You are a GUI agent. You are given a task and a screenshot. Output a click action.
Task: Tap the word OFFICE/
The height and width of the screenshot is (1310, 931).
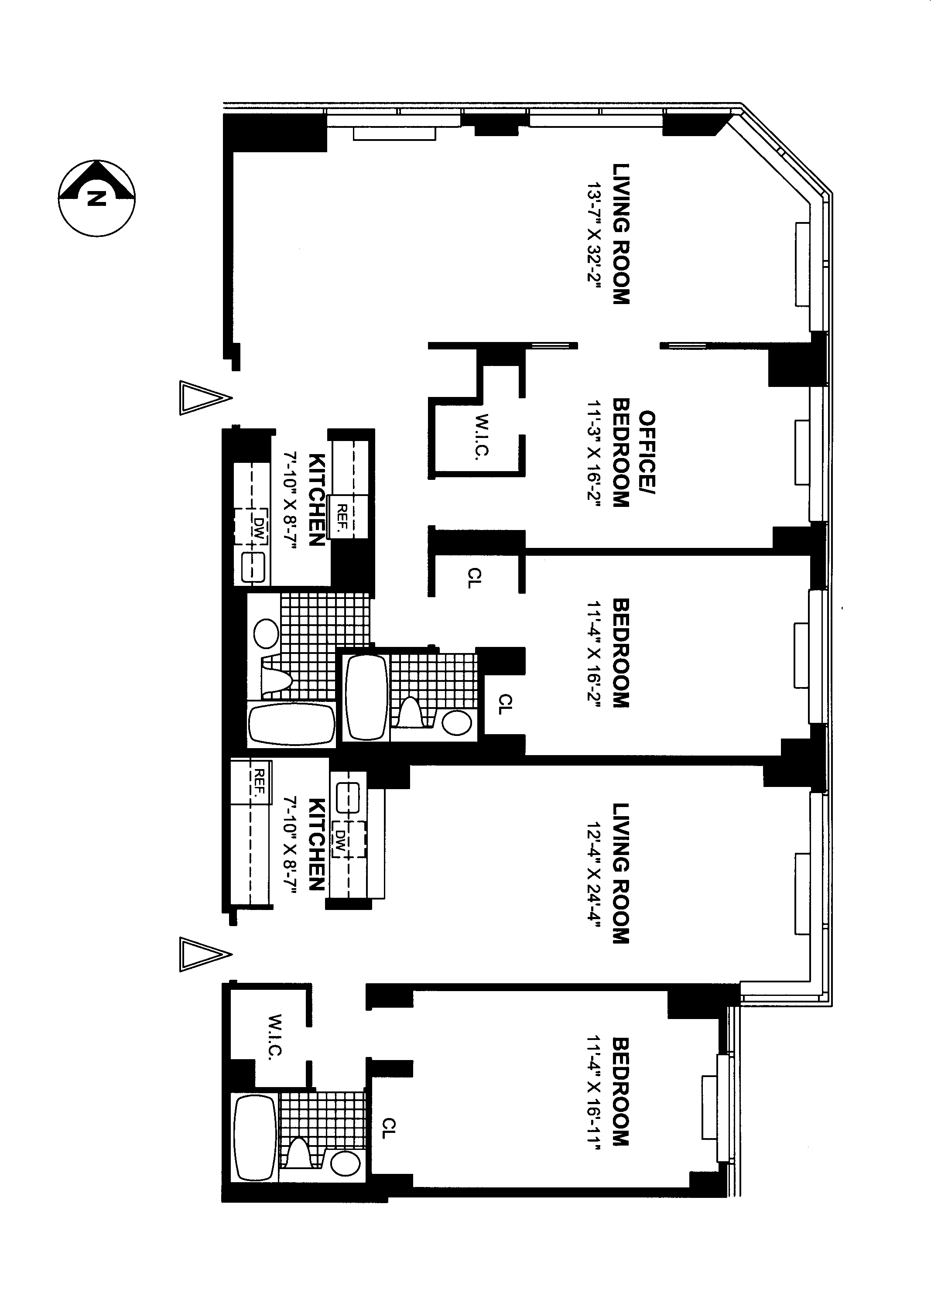click(647, 453)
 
